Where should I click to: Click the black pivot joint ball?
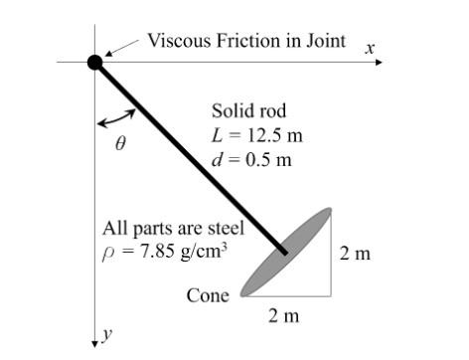pyautogui.click(x=94, y=63)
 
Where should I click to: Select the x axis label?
pyautogui.click(x=370, y=47)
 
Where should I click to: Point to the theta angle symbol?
pyautogui.click(x=120, y=143)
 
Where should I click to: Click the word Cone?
pyautogui.click(x=207, y=295)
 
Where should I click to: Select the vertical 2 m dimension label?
pyautogui.click(x=354, y=254)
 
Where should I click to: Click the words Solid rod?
pyautogui.click(x=248, y=110)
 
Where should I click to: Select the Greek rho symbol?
pyautogui.click(x=108, y=253)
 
